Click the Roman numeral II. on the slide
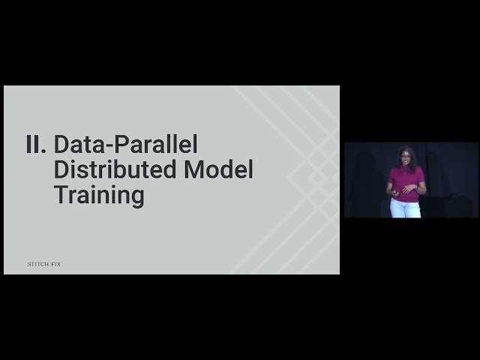[36, 144]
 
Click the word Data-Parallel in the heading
[125, 144]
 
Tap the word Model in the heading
[218, 169]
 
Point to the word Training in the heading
[98, 196]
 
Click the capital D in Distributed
[61, 169]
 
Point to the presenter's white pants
[403, 209]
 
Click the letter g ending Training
[136, 199]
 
